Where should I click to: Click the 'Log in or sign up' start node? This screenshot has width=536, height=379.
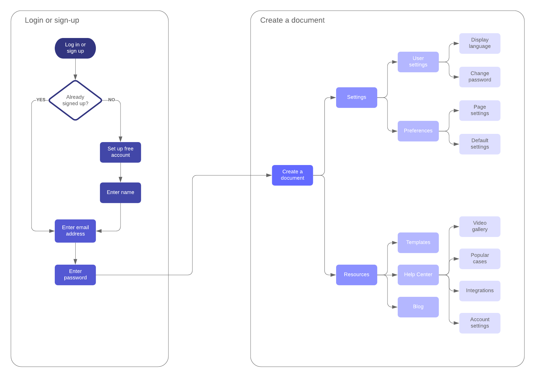[x=75, y=48]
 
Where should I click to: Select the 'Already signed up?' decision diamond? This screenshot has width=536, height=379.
[x=75, y=100]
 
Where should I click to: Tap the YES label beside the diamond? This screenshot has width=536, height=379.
[x=41, y=100]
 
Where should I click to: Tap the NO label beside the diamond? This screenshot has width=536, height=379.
[x=112, y=100]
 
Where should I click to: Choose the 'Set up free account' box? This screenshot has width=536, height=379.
[x=120, y=152]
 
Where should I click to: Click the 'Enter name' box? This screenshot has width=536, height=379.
[x=120, y=192]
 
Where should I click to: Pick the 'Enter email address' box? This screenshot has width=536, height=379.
[x=75, y=231]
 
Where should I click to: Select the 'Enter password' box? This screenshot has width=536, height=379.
[x=75, y=275]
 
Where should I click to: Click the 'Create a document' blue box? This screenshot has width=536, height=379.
[x=292, y=175]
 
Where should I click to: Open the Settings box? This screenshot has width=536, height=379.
[x=356, y=97]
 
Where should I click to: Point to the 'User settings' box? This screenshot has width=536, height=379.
[x=418, y=62]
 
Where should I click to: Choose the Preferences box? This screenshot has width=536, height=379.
[x=418, y=131]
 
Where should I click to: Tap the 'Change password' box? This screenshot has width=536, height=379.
[x=480, y=77]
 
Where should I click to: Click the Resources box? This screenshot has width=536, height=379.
[x=356, y=275]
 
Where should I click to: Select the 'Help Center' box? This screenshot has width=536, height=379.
[x=418, y=275]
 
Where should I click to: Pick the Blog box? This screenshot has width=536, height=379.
[x=418, y=307]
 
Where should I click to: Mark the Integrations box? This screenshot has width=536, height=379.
[x=480, y=291]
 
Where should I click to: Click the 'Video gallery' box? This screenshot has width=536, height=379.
[x=480, y=226]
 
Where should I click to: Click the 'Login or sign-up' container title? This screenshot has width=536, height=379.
[x=52, y=20]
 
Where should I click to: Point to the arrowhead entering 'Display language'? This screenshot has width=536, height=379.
[x=456, y=43]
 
